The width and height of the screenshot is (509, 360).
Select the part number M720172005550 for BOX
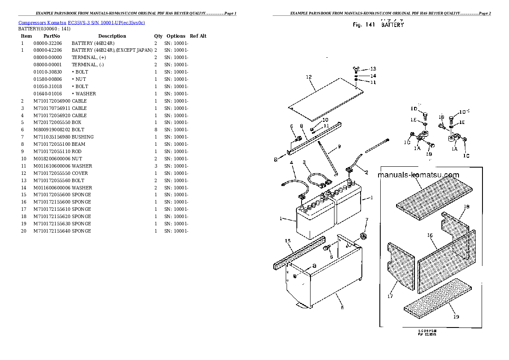point(52,123)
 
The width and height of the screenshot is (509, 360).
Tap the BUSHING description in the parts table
point(83,137)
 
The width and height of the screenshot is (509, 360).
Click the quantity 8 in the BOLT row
point(156,130)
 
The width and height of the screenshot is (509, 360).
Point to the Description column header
point(112,36)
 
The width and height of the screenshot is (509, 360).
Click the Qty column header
point(158,36)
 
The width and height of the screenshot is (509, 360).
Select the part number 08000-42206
point(47,50)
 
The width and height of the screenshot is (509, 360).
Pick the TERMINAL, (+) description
point(87,58)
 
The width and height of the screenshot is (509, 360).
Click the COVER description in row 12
point(80,173)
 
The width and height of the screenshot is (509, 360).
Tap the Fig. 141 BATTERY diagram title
point(378,25)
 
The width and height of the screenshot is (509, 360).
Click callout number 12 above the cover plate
point(308,77)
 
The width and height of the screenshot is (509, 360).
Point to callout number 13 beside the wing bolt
point(373,69)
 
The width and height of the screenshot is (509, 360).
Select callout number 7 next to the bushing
point(366,220)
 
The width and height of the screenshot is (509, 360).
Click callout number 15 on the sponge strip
point(288,241)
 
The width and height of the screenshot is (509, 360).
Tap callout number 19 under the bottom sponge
point(456,317)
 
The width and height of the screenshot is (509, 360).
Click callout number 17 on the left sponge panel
point(390,296)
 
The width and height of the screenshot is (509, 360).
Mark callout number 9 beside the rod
point(339,147)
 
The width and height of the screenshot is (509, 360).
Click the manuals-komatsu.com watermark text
point(418,175)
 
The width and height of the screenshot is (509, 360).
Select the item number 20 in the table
point(24,231)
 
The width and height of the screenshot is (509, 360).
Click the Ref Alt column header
point(198,36)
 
